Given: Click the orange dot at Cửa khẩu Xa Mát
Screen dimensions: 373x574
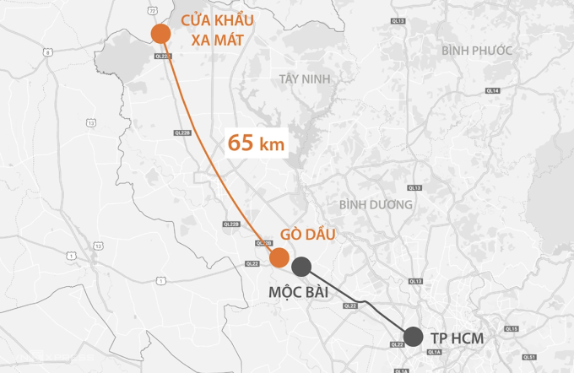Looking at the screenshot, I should point(160,33).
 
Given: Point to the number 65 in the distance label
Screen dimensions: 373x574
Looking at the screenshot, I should point(241,143).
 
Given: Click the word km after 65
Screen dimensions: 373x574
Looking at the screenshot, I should point(271,144).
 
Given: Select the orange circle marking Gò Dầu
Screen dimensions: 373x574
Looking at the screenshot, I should point(279,257).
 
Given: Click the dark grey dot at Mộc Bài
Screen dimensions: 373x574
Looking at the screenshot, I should point(301,267).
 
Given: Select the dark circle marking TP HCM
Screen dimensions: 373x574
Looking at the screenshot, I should point(413,337).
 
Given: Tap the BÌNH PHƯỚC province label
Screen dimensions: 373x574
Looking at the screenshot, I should point(477,51).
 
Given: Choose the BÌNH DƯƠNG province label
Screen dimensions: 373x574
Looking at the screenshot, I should point(376,204).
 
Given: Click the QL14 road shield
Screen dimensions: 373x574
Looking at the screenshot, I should point(492,90).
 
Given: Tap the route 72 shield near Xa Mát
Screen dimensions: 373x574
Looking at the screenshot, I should point(153,9).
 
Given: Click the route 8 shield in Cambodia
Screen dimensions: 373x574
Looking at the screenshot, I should point(48,52).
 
